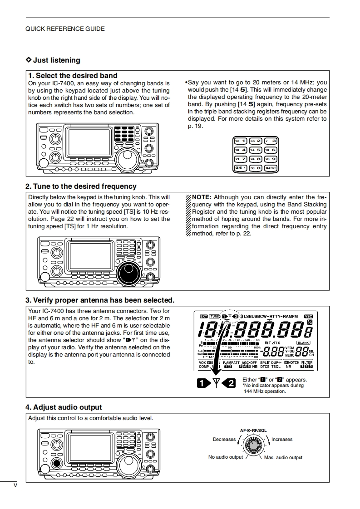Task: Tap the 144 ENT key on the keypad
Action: tap(271, 168)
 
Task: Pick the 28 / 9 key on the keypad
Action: tap(271, 159)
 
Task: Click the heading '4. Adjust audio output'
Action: tap(64, 407)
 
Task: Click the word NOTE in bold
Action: tap(202, 197)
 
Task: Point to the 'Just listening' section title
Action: tap(56, 60)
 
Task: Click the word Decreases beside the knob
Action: tap(224, 439)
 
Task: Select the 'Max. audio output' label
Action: tap(283, 457)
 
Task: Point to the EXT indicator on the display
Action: tap(203, 316)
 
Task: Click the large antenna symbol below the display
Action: tap(217, 383)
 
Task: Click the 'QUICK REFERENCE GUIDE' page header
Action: tap(65, 29)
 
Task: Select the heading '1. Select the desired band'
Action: tap(73, 76)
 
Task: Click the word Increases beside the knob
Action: tap(282, 439)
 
